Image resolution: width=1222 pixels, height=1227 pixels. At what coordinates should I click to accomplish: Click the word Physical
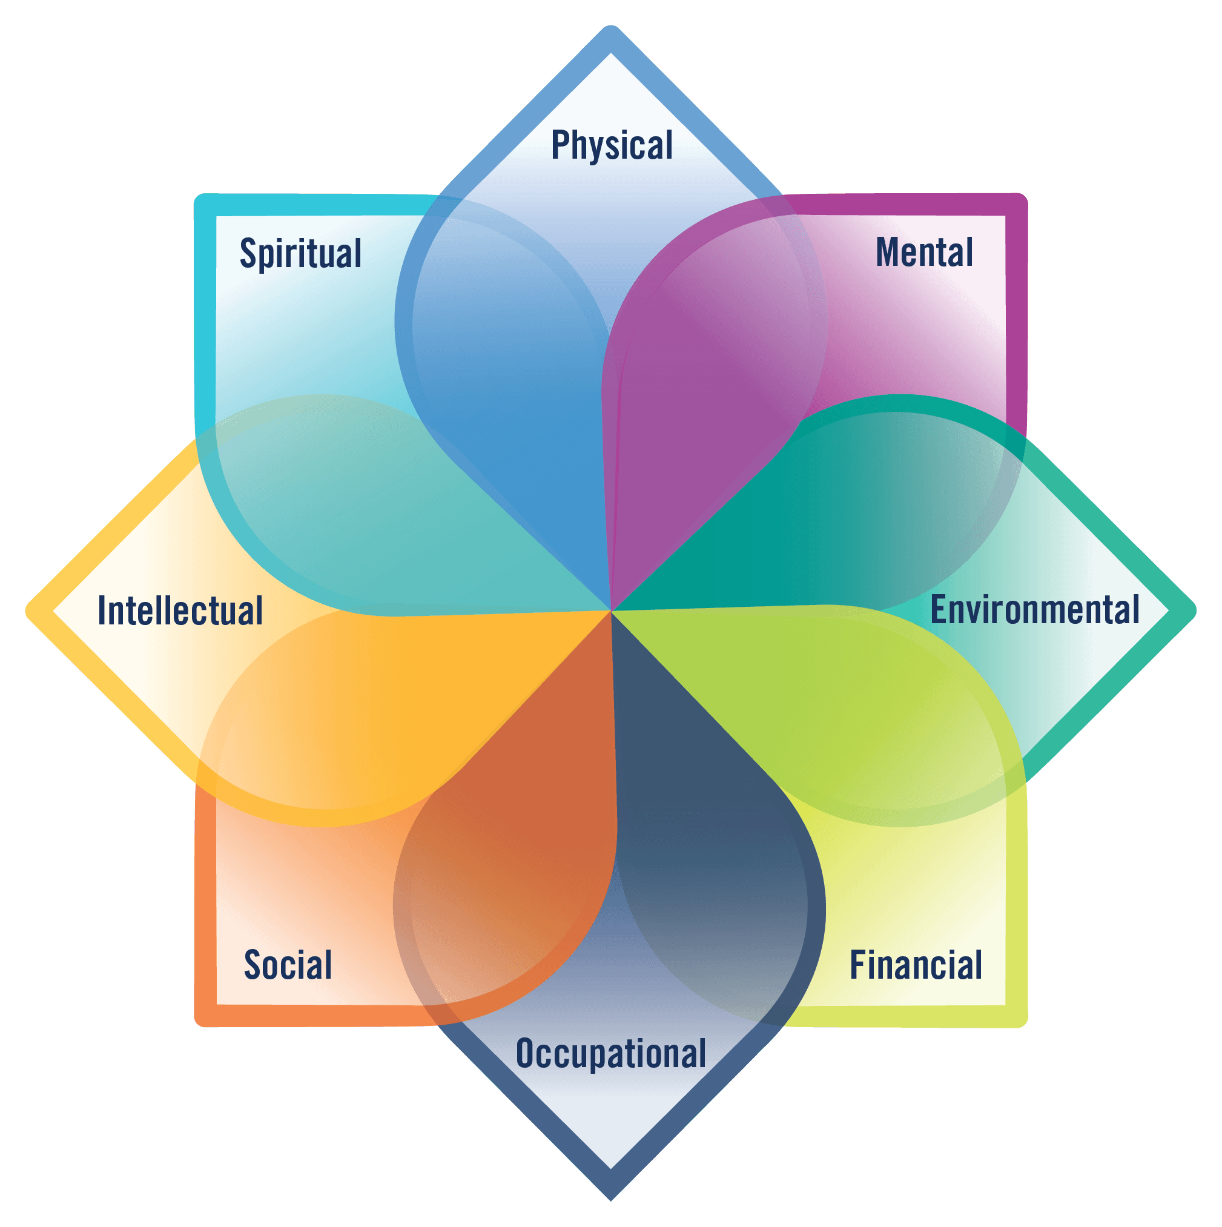point(612,145)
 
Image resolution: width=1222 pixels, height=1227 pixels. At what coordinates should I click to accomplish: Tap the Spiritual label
point(300,253)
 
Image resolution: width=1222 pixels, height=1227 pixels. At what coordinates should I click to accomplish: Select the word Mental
point(924,252)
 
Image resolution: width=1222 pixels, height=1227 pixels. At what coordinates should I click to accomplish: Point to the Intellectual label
point(180,611)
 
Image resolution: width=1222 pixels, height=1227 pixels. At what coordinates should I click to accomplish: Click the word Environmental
point(1035,610)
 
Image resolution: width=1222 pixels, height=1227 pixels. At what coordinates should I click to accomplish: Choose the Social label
point(288,965)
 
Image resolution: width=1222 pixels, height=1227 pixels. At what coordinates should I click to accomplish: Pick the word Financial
point(916,965)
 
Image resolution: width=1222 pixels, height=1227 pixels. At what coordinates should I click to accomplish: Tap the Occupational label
point(611,1054)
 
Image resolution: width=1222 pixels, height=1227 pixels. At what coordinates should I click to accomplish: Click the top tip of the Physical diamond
point(611,27)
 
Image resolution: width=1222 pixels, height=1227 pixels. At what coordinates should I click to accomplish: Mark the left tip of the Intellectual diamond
point(27,611)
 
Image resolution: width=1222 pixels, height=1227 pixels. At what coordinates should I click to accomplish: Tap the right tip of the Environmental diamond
point(1195,611)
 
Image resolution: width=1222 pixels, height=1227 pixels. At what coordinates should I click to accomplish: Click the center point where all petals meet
point(612,611)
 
